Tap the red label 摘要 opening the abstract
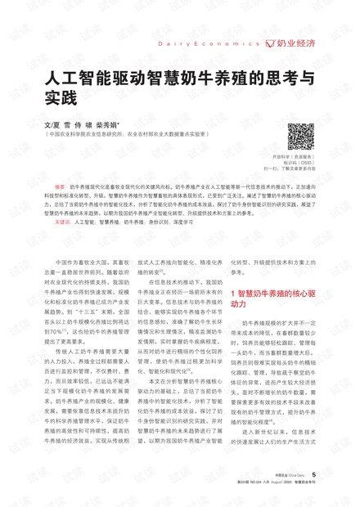click(x=60, y=186)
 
